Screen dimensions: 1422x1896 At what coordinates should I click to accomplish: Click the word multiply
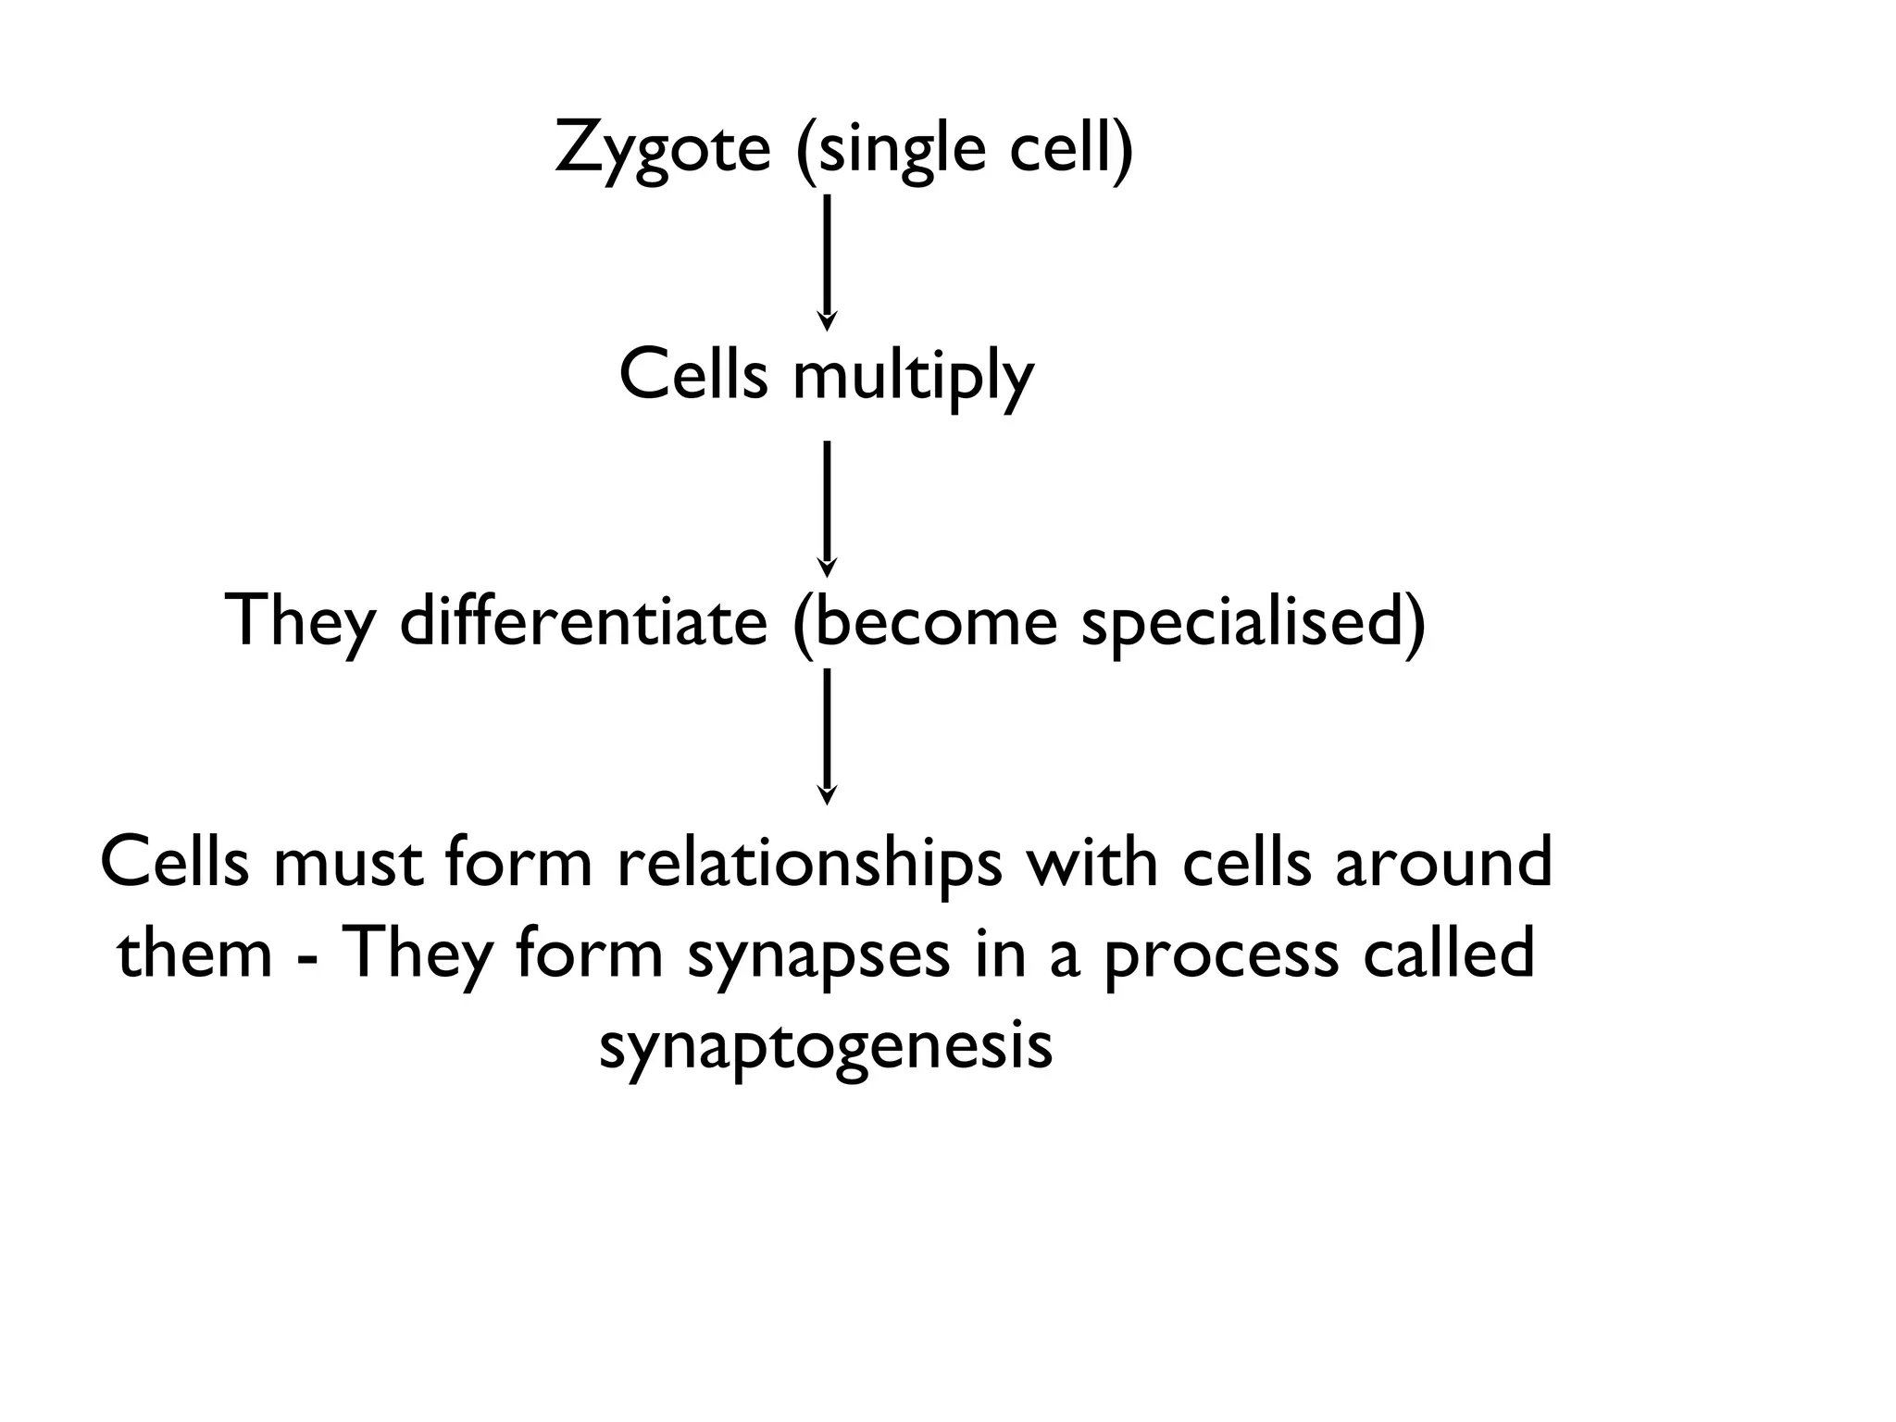913,378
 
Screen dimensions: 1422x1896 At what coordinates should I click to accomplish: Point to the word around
1443,863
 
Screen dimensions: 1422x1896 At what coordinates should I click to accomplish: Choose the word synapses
818,955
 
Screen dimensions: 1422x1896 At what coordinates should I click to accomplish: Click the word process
1221,955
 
